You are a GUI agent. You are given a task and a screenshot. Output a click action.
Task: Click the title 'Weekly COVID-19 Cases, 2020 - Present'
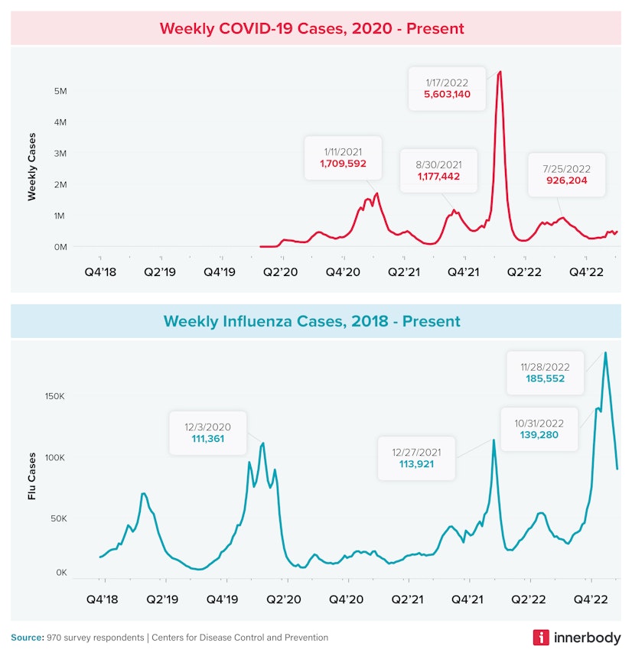coord(311,28)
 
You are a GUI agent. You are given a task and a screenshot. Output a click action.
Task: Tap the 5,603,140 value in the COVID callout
coord(458,95)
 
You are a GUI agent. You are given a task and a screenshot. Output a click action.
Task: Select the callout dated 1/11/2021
coord(342,158)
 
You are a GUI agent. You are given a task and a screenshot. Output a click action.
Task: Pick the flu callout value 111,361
coord(207,439)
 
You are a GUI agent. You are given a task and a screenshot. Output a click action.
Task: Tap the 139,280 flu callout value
coord(539,435)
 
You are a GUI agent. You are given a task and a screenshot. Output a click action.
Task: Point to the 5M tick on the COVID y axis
coord(59,91)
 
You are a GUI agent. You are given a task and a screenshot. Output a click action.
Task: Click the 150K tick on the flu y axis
coord(54,397)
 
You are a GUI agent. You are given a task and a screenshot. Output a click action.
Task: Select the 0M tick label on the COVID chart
coord(59,247)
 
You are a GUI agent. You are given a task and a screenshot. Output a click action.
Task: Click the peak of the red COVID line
coord(500,72)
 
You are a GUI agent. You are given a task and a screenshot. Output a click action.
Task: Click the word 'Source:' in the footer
coord(27,638)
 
